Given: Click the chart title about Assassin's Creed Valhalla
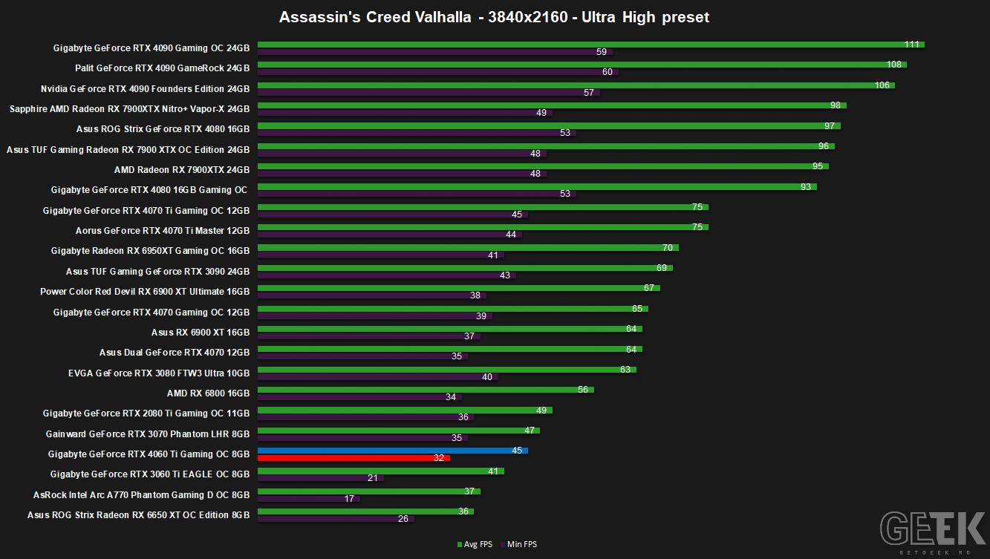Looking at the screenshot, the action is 494,17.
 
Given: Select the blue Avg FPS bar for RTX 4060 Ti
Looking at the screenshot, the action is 392,451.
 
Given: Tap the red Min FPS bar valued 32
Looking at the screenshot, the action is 354,458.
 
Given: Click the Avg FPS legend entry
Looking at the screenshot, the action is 475,544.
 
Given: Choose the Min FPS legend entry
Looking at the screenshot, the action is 518,544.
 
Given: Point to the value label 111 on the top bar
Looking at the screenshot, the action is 911,45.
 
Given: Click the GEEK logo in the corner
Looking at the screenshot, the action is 933,529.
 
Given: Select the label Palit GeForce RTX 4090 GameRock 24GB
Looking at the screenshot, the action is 162,68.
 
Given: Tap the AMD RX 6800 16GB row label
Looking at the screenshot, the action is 208,393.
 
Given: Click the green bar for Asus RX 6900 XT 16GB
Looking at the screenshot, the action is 450,329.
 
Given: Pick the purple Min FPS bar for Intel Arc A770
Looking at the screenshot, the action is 308,498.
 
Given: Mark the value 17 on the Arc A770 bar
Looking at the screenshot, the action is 349,498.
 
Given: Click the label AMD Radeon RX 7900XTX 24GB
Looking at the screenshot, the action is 182,170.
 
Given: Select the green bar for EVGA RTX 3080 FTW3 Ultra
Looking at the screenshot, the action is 447,370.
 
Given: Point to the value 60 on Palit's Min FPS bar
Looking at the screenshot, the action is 608,71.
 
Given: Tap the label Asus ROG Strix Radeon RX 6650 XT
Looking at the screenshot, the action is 138,514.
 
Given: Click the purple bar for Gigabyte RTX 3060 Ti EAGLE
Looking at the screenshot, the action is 320,478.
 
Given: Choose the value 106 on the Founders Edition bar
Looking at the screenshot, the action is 882,85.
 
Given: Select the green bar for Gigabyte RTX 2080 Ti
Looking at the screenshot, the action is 405,410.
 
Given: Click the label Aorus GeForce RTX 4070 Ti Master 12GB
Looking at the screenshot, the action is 162,231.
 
